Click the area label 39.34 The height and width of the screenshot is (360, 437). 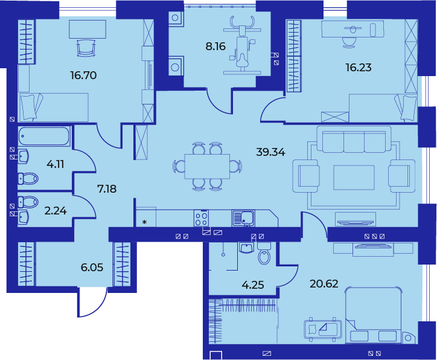click(x=270, y=152)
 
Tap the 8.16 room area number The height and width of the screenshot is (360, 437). click(x=215, y=47)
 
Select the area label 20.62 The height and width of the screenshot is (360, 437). click(x=324, y=284)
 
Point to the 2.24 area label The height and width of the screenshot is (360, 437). click(x=56, y=211)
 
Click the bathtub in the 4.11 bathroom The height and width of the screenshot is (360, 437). click(x=44, y=136)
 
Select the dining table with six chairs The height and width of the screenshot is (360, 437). click(x=207, y=167)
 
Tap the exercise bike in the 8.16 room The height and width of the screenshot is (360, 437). click(x=242, y=45)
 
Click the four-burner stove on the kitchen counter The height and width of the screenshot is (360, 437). click(x=201, y=218)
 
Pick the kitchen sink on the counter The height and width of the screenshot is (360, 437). click(x=243, y=218)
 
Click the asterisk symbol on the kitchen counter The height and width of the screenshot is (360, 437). click(x=144, y=222)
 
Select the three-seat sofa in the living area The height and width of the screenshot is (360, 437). click(x=354, y=140)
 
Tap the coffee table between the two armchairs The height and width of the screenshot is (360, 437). click(x=354, y=178)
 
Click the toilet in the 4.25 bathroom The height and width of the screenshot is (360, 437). click(x=264, y=254)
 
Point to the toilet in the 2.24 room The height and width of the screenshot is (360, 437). click(x=28, y=201)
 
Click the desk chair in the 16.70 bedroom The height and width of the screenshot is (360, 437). click(x=86, y=48)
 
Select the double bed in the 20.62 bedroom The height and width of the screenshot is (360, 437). click(x=374, y=315)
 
